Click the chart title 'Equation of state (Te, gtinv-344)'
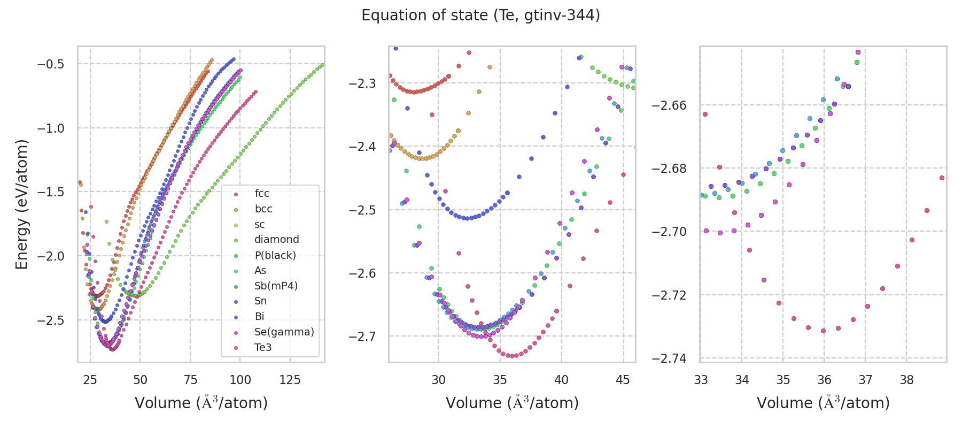480,16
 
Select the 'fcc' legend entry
262,194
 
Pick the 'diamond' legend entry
276,240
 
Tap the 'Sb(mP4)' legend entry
276,286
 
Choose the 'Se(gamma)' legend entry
284,332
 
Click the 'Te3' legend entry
263,348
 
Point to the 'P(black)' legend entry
275,255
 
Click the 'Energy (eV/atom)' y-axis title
21,204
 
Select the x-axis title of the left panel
201,403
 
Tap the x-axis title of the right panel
823,403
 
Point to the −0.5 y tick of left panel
50,64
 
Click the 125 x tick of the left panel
290,380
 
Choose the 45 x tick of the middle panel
623,380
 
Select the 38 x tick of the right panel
906,380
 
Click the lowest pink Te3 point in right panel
823,331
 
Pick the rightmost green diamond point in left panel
322,65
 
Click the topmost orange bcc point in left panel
212,60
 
